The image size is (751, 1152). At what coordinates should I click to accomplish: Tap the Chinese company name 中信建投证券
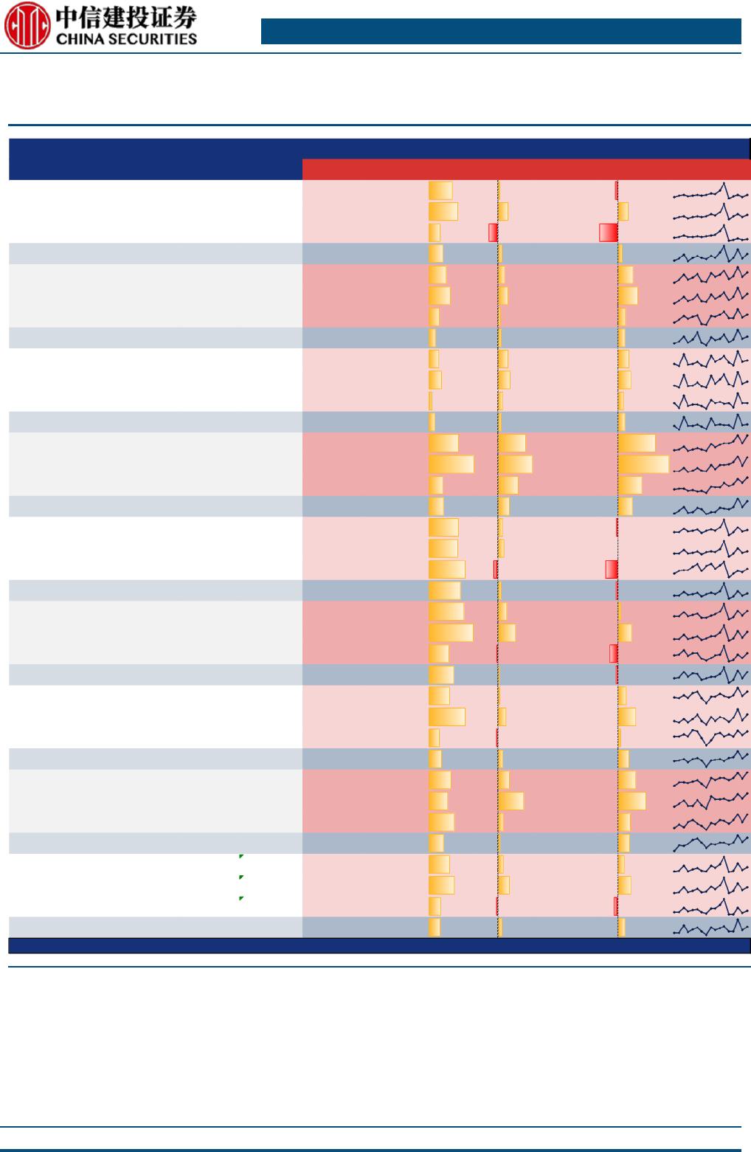[x=126, y=17]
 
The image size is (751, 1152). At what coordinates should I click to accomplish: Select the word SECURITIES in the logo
[x=155, y=38]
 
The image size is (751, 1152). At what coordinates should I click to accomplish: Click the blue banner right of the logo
[x=501, y=32]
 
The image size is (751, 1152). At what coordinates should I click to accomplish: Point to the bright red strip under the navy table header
[x=526, y=169]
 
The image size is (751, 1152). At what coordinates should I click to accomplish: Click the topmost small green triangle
[x=241, y=856]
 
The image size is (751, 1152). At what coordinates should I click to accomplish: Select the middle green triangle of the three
[x=241, y=877]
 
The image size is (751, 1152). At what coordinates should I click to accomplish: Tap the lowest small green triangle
[x=241, y=899]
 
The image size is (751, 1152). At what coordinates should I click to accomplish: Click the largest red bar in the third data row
[x=608, y=232]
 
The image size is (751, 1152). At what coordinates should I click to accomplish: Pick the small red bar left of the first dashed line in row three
[x=493, y=232]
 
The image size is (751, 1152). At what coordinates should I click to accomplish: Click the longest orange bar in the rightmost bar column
[x=643, y=464]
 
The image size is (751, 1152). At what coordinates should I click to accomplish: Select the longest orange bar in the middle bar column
[x=515, y=464]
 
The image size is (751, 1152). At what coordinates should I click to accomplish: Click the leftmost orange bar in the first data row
[x=440, y=190]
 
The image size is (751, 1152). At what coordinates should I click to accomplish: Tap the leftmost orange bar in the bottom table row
[x=435, y=927]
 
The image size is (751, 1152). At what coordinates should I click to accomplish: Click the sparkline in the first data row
[x=710, y=192]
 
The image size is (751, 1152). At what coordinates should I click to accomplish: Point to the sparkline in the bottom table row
[x=710, y=928]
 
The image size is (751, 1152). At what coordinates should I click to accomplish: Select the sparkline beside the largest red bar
[x=710, y=233]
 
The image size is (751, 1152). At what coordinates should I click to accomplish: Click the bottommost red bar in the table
[x=615, y=906]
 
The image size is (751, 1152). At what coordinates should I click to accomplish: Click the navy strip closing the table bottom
[x=378, y=945]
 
